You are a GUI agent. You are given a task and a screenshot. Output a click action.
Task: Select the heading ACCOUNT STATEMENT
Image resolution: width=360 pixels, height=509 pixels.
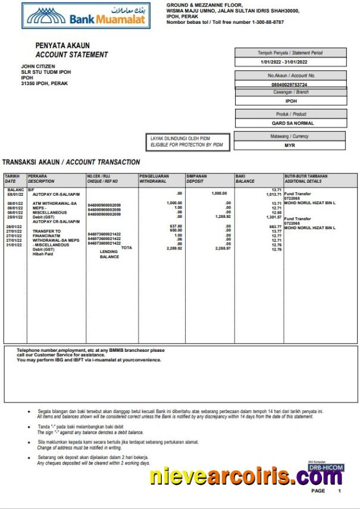[x=71, y=55]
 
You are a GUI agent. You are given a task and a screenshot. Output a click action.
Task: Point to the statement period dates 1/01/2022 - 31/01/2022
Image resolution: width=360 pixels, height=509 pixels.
[x=284, y=62]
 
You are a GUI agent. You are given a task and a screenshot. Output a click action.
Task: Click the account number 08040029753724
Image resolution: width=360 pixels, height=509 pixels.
[x=289, y=85]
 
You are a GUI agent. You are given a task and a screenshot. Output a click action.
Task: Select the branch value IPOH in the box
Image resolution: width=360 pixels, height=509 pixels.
[x=291, y=101]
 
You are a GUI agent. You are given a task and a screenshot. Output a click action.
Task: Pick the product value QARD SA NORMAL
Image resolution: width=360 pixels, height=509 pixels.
[x=290, y=123]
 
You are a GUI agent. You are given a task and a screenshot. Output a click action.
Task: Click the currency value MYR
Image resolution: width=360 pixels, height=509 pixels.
[x=290, y=145]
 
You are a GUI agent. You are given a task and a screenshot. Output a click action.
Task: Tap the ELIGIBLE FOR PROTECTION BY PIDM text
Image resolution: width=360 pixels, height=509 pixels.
[x=186, y=145]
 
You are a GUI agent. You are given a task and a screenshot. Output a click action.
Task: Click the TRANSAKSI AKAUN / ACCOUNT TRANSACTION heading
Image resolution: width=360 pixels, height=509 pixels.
[x=71, y=162]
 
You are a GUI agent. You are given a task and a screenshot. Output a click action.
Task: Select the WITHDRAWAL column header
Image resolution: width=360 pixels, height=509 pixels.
[x=154, y=181]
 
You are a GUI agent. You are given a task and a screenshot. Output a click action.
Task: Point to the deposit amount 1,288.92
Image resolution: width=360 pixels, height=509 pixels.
[x=221, y=217]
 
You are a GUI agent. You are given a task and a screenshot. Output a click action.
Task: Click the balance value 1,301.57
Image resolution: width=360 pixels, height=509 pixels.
[x=273, y=217]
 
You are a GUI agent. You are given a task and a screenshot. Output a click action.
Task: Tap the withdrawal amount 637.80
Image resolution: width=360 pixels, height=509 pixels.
[x=176, y=226]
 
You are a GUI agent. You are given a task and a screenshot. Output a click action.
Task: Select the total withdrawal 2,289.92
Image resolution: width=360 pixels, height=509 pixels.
[x=175, y=248]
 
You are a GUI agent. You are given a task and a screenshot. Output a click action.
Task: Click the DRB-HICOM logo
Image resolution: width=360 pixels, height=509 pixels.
[x=325, y=469]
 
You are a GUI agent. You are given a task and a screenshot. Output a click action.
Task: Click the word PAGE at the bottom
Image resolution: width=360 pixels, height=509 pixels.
[x=318, y=491]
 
